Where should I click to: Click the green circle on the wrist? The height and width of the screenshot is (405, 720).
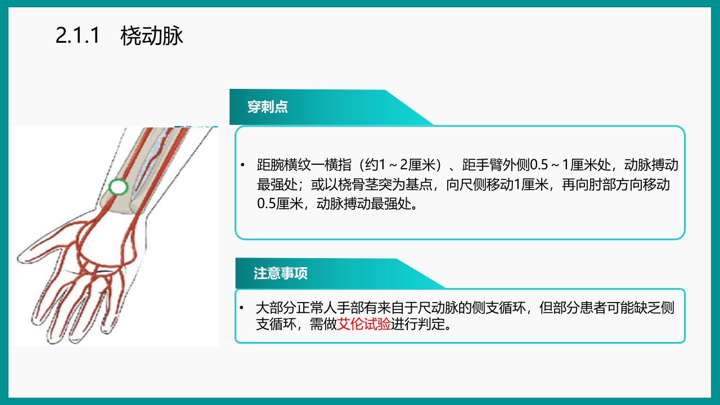(x=118, y=187)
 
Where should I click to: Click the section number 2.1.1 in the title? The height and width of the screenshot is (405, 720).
(x=78, y=37)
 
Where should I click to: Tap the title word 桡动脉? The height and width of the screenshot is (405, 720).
(x=152, y=37)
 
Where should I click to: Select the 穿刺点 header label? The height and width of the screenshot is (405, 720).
(x=268, y=107)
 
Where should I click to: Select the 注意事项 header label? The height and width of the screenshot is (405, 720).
(x=281, y=274)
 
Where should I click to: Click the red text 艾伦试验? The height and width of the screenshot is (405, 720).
(x=364, y=325)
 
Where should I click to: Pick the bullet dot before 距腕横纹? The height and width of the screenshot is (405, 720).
(x=242, y=165)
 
